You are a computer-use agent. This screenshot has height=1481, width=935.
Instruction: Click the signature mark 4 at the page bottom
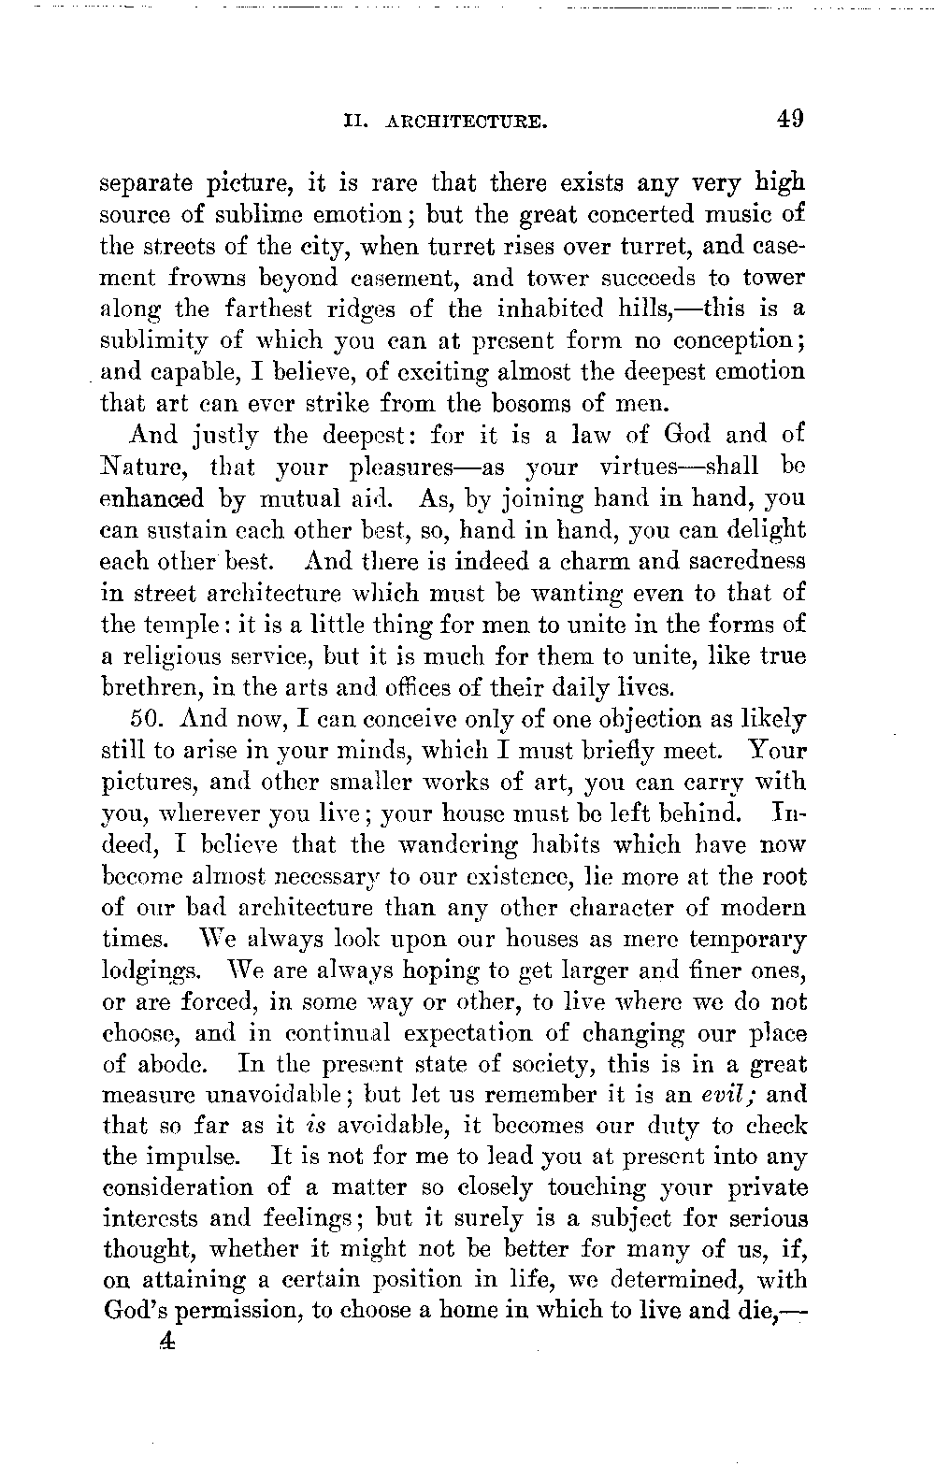coord(167,1341)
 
